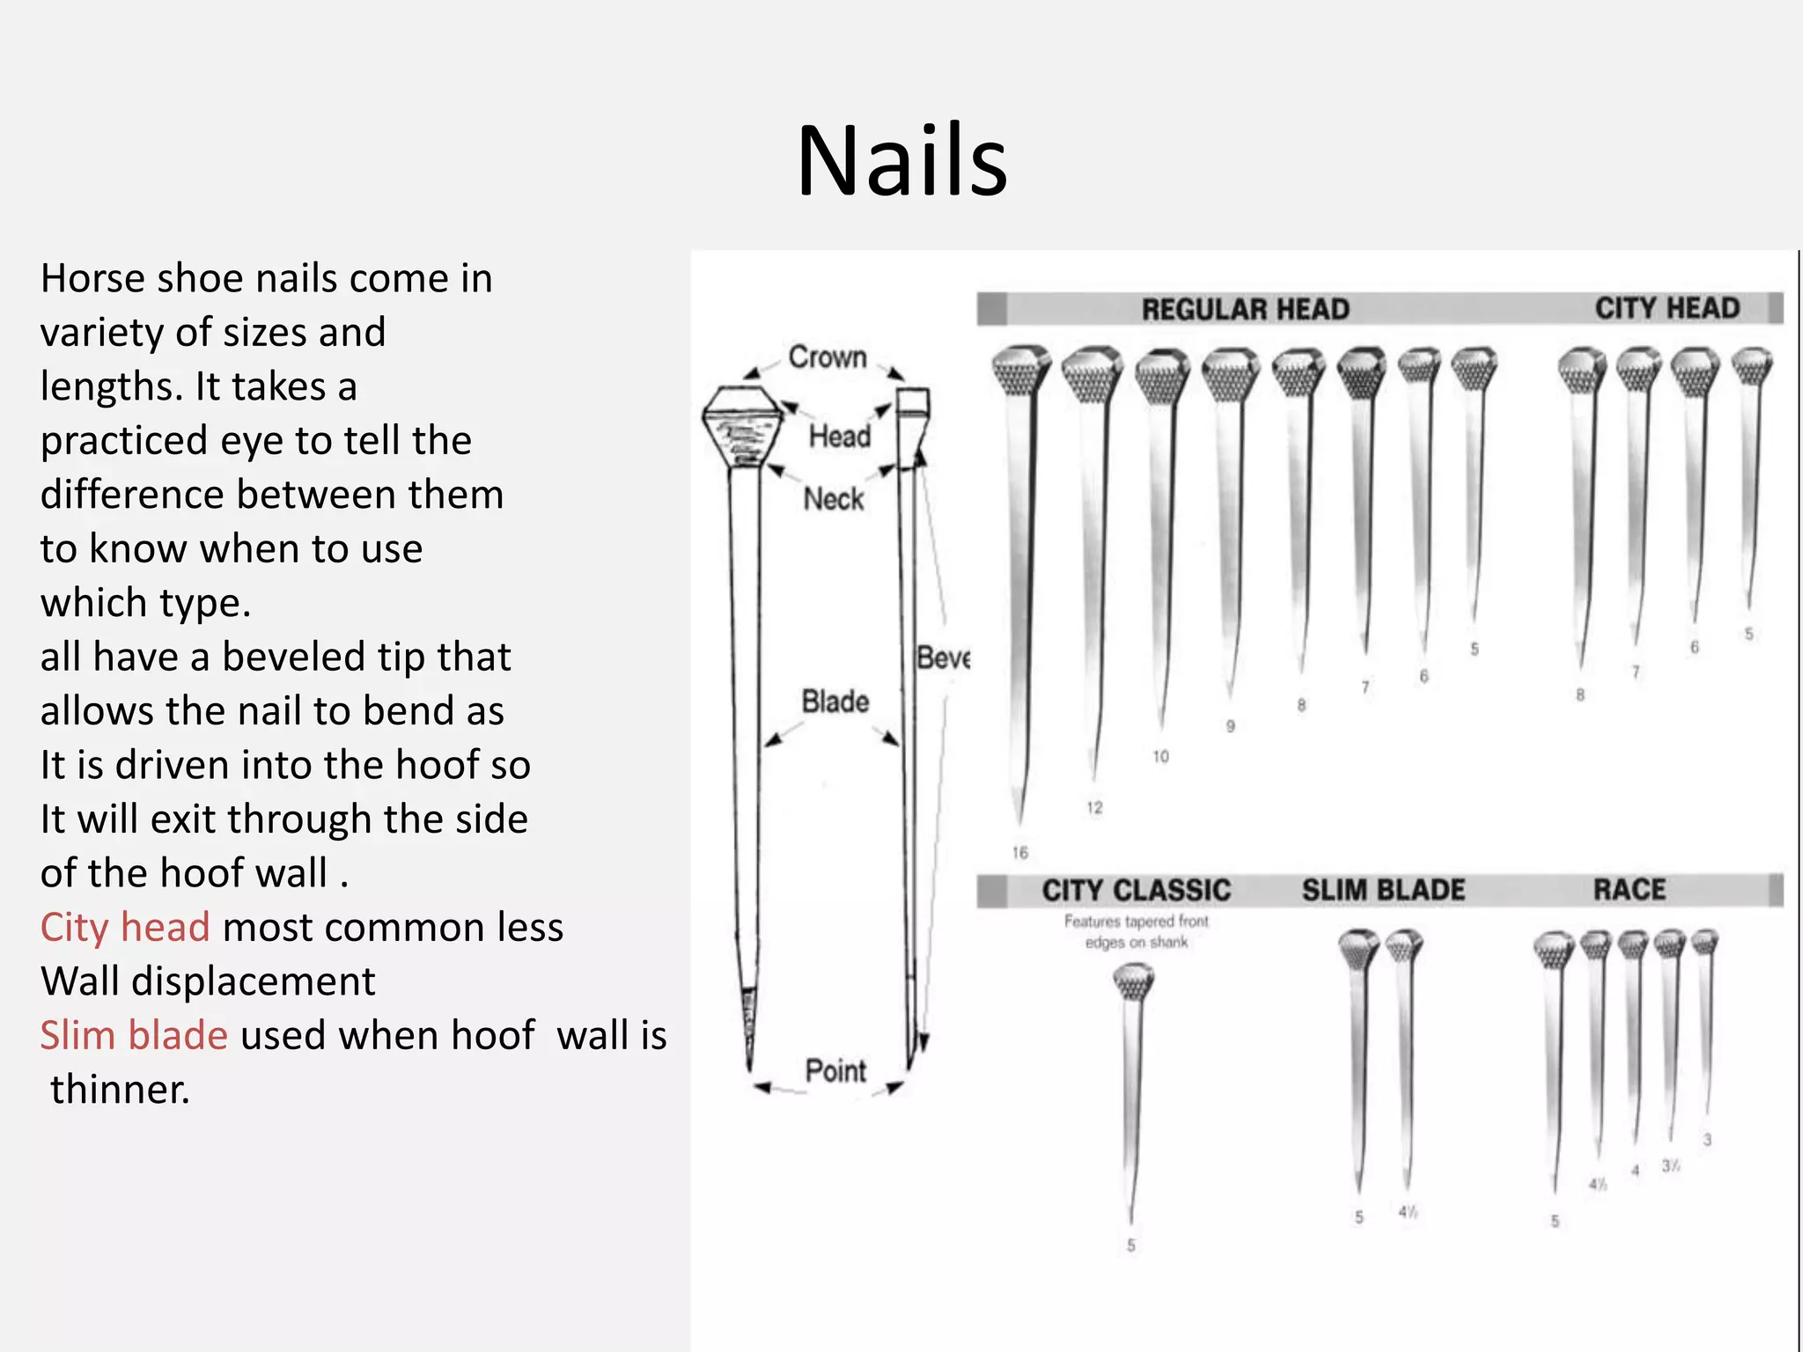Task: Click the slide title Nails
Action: (901, 161)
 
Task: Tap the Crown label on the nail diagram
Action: (828, 356)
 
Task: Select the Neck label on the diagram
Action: (833, 499)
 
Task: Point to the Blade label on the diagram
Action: (835, 702)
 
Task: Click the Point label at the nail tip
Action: (835, 1071)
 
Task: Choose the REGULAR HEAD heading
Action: (1245, 309)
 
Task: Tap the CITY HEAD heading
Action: (1667, 308)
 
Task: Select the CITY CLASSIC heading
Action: (1136, 890)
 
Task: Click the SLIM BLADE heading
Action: (1383, 890)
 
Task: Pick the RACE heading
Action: (1629, 889)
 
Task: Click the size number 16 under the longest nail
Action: (1020, 852)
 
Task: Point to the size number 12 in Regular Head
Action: (1094, 807)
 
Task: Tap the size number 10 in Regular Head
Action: (1160, 756)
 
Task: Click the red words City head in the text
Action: (125, 927)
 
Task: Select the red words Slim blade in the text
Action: (134, 1035)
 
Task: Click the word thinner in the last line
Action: (119, 1089)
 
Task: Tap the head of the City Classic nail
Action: (1133, 981)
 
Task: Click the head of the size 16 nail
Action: (1020, 370)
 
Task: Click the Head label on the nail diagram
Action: (839, 436)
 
